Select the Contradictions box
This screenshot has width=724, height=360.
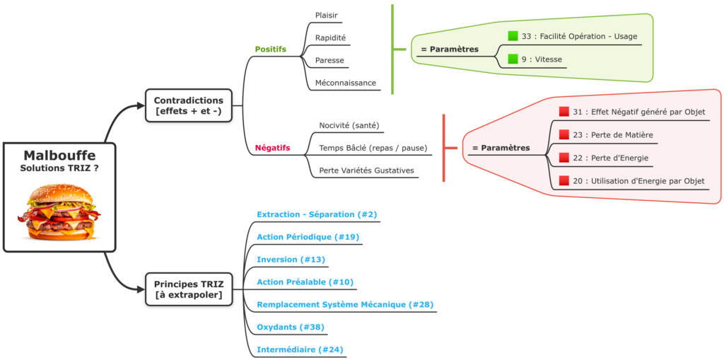coord(188,105)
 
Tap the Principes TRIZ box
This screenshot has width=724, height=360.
coord(188,289)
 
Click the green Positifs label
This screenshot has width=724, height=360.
coord(270,49)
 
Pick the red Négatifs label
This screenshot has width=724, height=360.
coord(272,148)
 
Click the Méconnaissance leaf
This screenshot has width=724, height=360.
coord(346,83)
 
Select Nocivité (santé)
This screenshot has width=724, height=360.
coord(349,125)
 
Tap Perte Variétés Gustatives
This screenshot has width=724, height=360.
coord(366,170)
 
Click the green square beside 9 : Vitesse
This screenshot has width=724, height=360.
coord(513,59)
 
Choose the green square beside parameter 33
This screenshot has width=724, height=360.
coord(513,36)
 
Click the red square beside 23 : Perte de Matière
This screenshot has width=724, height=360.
coord(564,134)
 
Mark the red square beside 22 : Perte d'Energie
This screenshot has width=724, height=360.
coord(564,158)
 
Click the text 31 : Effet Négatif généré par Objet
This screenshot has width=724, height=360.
coord(638,112)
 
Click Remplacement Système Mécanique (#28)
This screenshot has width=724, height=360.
coord(345,305)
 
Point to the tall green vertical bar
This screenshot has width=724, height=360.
coord(392,49)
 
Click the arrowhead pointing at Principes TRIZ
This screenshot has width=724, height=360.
coord(141,289)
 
